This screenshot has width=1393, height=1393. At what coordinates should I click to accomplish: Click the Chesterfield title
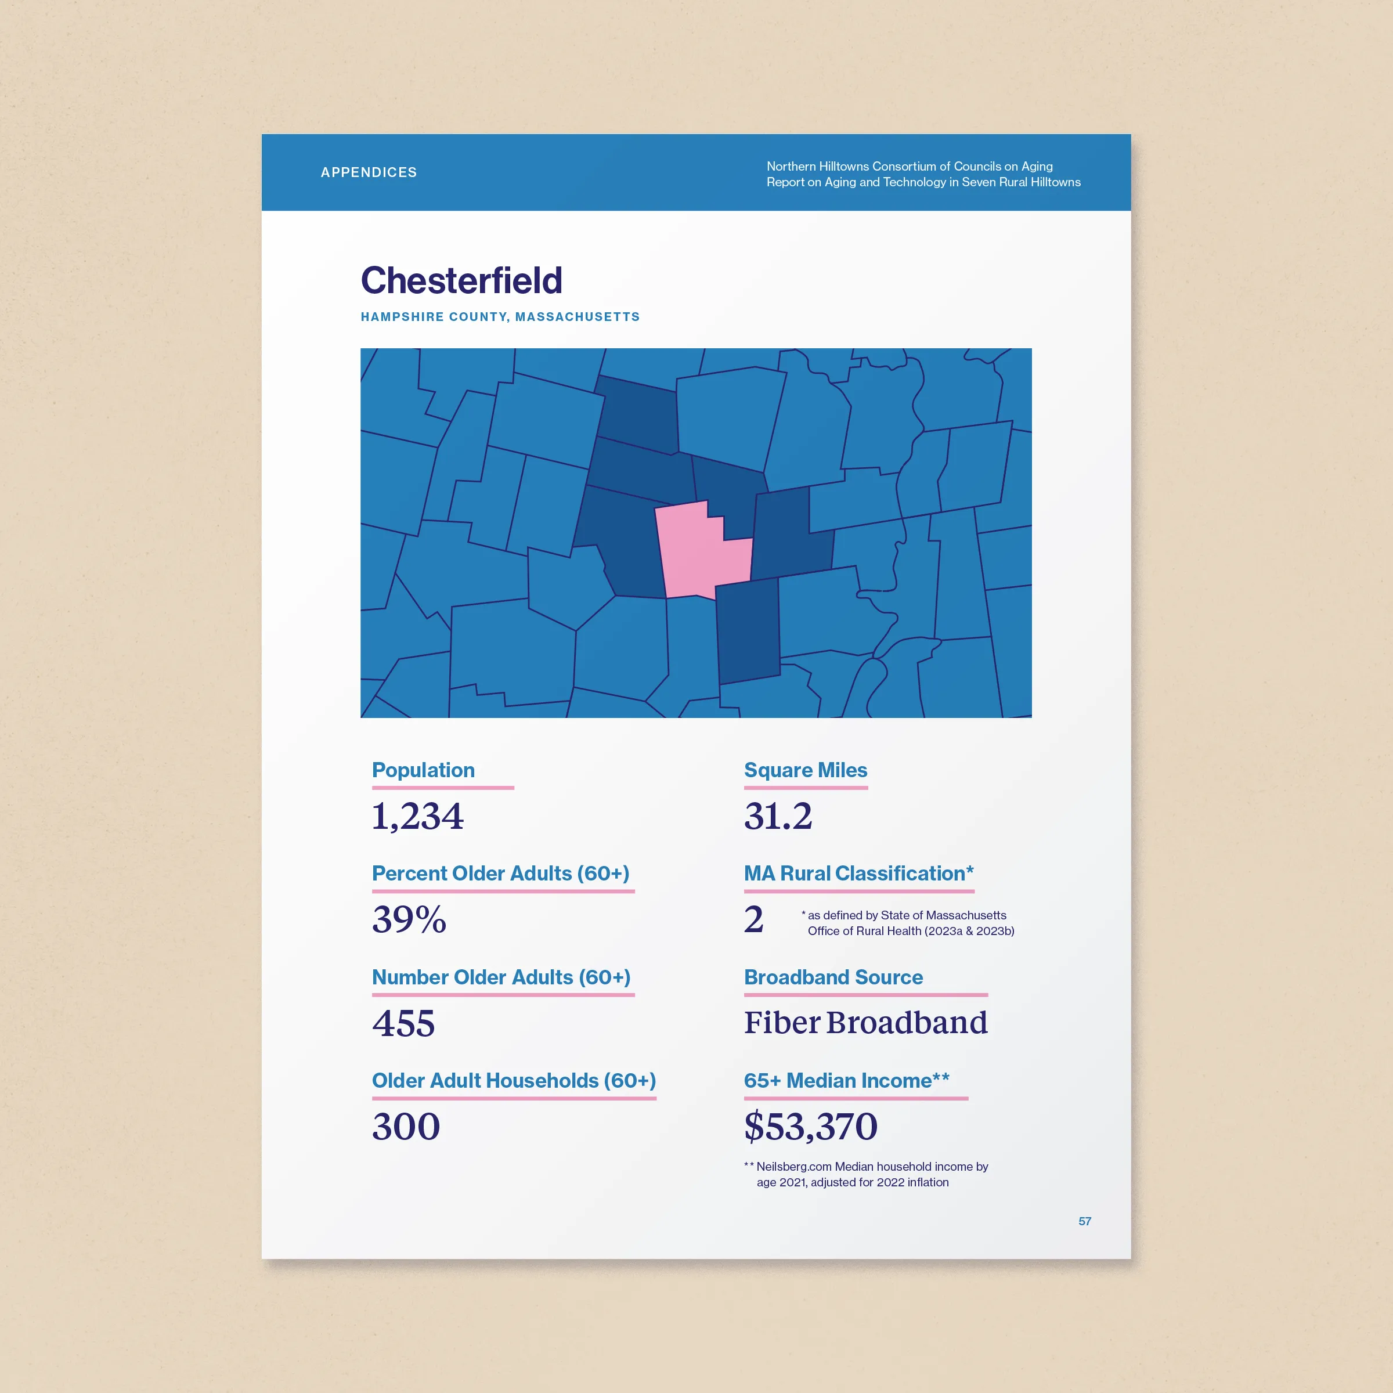(461, 280)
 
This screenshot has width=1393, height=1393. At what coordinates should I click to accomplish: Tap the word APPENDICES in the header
(369, 172)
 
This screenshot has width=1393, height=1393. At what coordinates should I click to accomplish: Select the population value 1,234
(417, 816)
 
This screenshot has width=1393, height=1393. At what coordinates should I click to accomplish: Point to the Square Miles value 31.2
(777, 816)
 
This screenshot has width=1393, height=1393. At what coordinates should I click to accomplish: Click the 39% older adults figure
(409, 919)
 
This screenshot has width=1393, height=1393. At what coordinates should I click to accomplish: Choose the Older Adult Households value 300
(405, 1126)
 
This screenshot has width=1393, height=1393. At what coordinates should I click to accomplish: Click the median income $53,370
(810, 1126)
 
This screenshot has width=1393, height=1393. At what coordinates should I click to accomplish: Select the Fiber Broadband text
(865, 1022)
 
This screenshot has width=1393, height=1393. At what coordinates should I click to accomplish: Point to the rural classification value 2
(753, 919)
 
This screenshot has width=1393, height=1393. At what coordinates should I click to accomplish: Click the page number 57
(1084, 1221)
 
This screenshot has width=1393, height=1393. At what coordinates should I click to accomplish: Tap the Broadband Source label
(833, 977)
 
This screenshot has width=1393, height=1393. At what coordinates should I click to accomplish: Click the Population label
(423, 770)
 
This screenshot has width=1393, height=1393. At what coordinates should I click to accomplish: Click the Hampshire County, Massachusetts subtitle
(500, 316)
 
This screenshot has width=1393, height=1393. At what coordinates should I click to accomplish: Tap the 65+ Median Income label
(846, 1080)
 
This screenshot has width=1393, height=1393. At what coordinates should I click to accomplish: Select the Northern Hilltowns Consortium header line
(909, 167)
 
